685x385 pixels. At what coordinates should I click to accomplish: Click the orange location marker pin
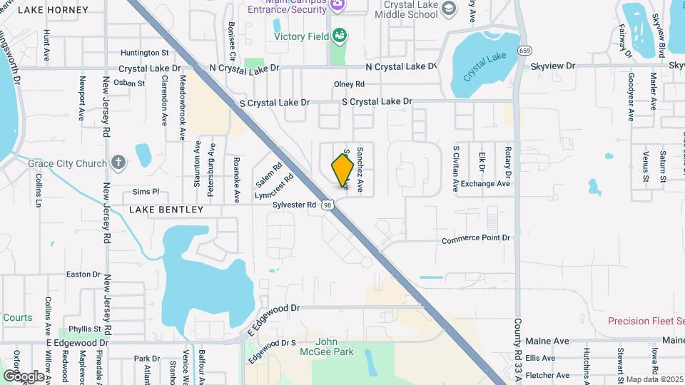(x=343, y=170)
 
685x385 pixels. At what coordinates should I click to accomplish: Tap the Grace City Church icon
(x=119, y=163)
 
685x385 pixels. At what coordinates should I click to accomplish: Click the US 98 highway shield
(x=327, y=205)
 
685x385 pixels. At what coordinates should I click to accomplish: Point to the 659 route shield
(x=524, y=50)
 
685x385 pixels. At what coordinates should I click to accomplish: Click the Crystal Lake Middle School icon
(x=449, y=8)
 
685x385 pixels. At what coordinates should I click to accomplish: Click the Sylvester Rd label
(x=294, y=205)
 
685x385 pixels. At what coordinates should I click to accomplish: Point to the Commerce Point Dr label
(x=476, y=238)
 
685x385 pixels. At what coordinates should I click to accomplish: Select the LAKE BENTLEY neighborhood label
(x=166, y=210)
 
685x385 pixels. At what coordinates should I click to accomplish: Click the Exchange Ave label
(x=485, y=183)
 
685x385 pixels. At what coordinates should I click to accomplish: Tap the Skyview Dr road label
(x=552, y=66)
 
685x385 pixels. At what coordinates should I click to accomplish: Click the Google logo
(x=23, y=376)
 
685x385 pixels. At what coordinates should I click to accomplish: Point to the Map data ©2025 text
(x=654, y=379)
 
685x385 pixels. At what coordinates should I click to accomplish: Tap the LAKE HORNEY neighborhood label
(x=53, y=10)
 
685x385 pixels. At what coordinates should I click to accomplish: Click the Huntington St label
(x=144, y=52)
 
